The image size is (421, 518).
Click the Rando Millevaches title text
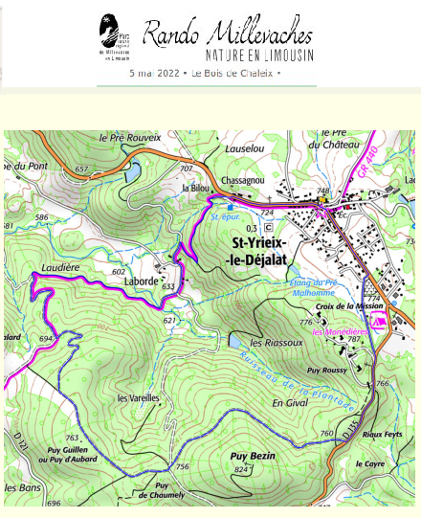click(228, 34)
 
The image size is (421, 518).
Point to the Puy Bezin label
click(253, 457)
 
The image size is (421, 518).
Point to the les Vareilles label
click(137, 397)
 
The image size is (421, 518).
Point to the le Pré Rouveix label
click(129, 138)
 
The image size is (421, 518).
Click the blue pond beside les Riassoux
click(235, 339)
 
